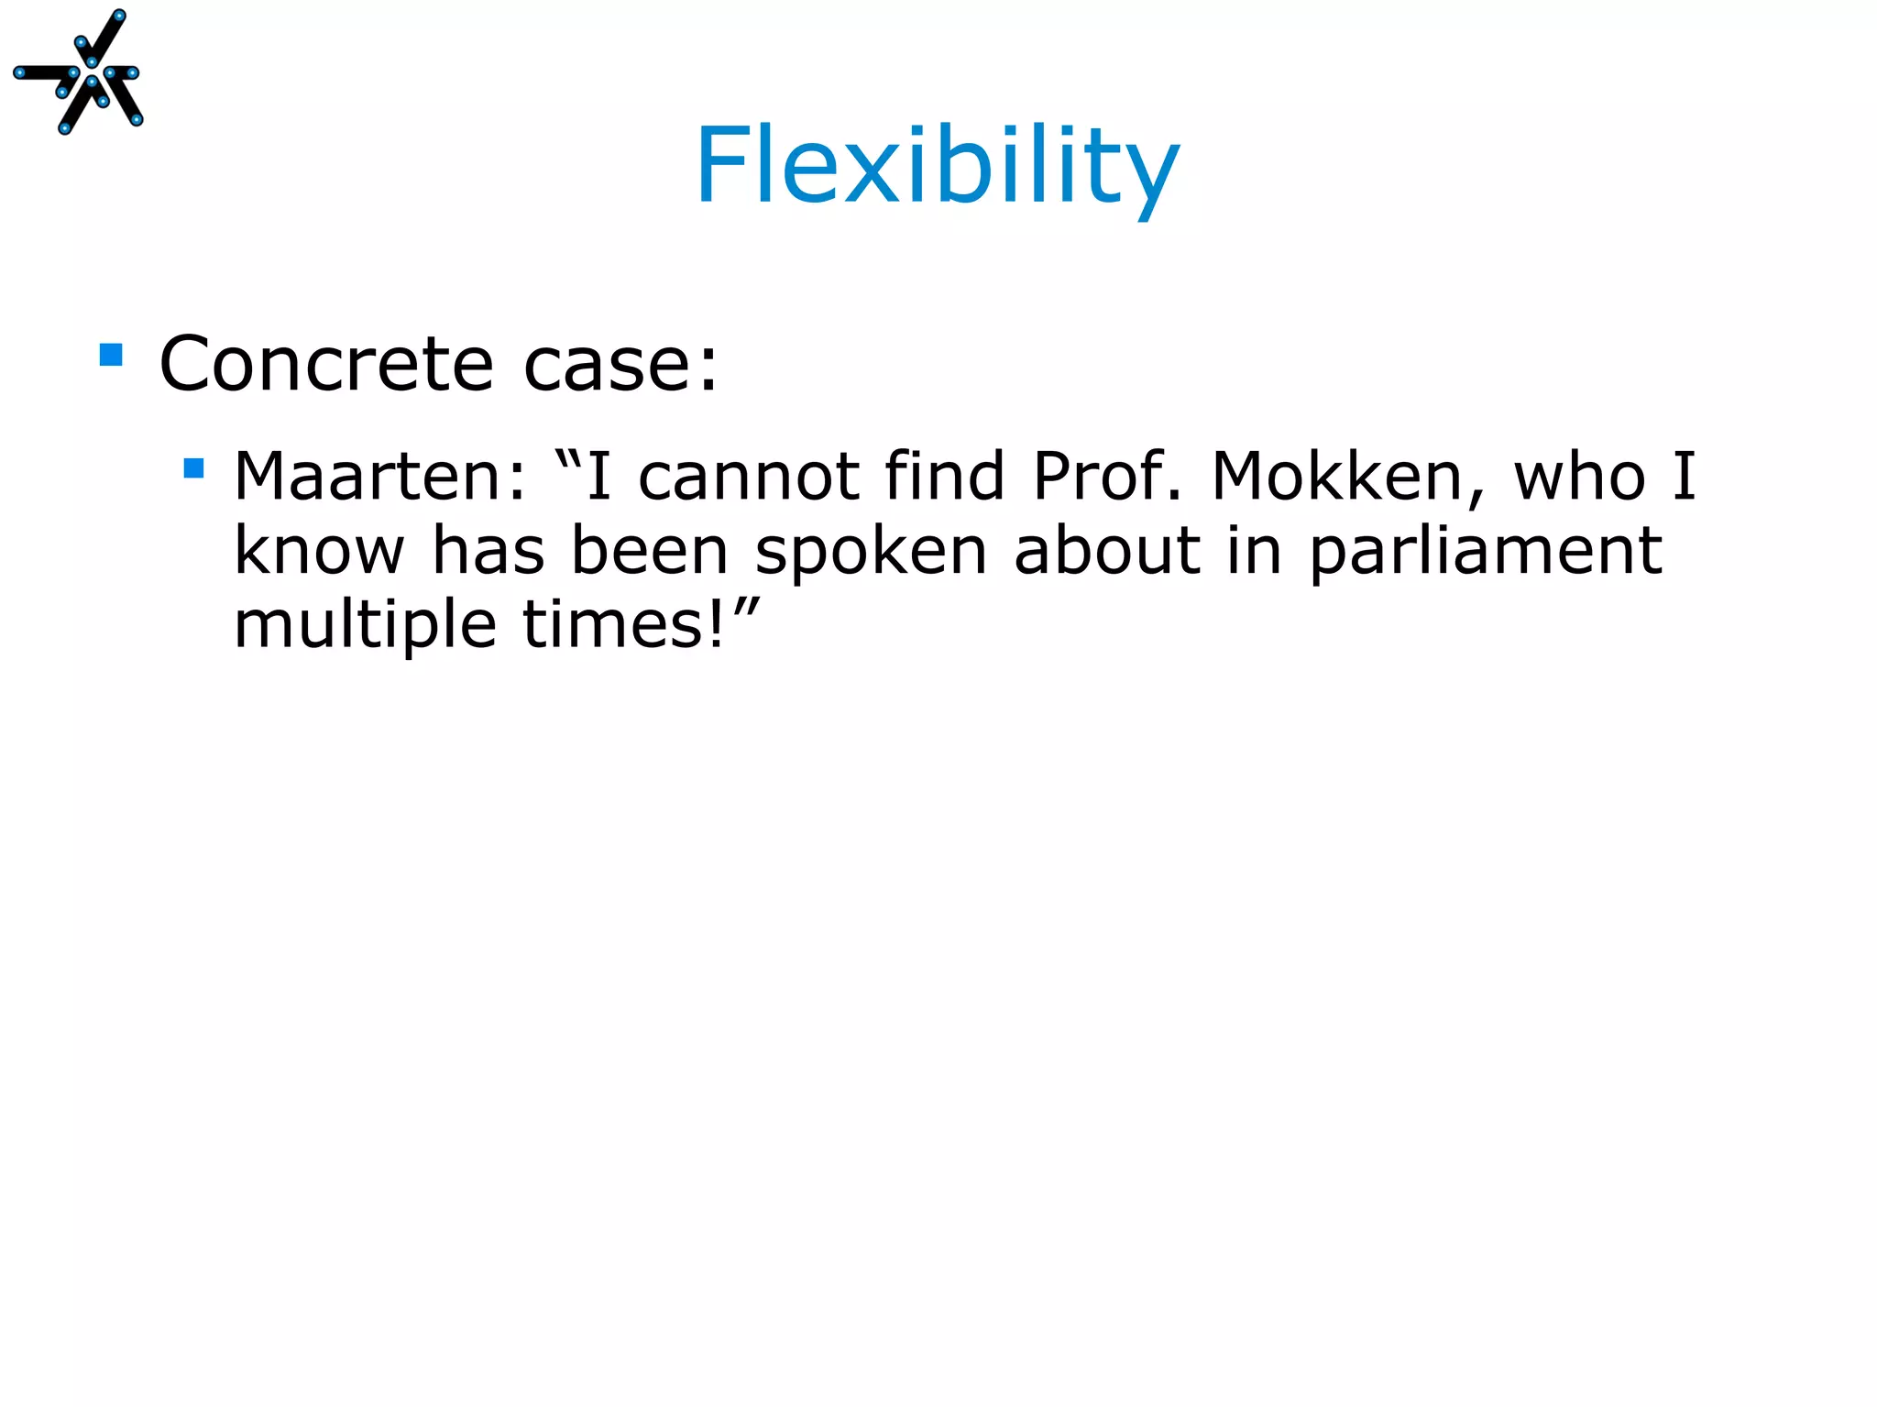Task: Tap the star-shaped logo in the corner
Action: point(79,72)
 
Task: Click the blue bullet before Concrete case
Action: point(111,355)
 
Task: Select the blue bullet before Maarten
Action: point(193,469)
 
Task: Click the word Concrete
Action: point(326,364)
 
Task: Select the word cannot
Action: point(749,477)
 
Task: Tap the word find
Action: point(944,477)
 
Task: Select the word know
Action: point(319,551)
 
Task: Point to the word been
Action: point(649,551)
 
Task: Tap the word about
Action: point(1107,551)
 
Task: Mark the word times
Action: point(623,624)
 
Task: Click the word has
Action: point(488,551)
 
